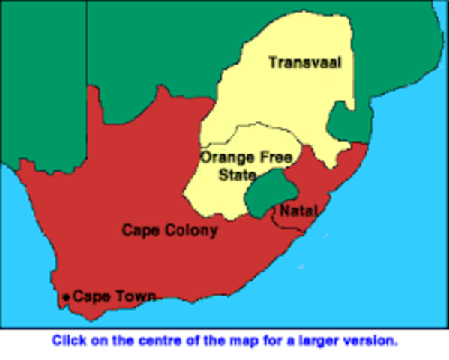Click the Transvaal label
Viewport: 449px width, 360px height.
click(304, 63)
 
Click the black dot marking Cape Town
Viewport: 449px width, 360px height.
click(67, 298)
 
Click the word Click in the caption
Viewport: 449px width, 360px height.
click(67, 340)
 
